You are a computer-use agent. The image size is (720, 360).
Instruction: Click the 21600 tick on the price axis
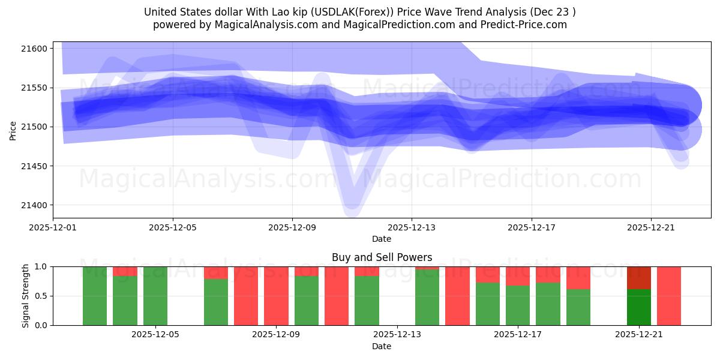36,48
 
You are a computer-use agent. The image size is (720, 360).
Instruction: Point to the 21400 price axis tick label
36,205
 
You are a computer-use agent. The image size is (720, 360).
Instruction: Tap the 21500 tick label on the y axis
36,127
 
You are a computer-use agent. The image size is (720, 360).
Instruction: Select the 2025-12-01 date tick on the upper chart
53,227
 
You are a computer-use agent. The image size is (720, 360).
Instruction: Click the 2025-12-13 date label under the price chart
412,227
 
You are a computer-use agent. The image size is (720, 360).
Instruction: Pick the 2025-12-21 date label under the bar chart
639,335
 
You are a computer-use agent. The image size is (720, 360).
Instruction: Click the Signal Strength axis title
26,296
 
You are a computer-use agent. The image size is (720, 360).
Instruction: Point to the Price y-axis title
13,130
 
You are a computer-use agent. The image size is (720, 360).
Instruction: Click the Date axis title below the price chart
382,239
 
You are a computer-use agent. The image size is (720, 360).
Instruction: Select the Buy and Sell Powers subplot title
382,257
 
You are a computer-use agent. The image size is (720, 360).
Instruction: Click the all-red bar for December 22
669,296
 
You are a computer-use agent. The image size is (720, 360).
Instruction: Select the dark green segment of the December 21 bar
639,307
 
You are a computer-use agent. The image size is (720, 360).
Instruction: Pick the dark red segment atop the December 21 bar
639,278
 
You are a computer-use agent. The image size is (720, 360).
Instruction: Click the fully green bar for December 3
95,296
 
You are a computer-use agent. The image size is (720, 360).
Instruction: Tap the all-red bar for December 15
457,296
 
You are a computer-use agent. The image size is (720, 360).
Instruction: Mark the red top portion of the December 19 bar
578,278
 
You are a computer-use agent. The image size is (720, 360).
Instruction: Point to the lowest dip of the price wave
352,207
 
